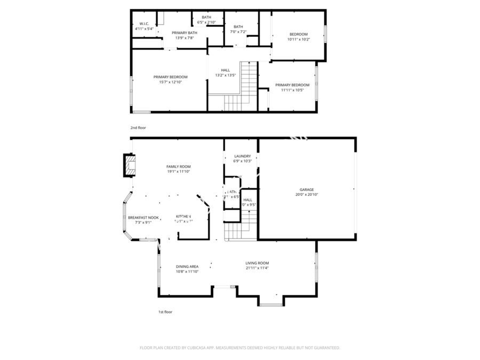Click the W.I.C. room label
click(143, 23)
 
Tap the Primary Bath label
click(184, 33)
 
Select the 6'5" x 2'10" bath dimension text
click(206, 22)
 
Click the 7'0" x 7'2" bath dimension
click(238, 32)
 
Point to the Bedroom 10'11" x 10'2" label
click(298, 34)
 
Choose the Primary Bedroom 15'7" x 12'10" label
click(170, 77)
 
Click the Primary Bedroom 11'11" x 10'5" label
click(292, 85)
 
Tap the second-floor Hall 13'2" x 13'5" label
click(225, 70)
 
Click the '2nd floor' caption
click(138, 128)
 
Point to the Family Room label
click(178, 167)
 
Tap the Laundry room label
click(242, 156)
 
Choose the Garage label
click(306, 189)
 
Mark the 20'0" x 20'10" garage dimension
click(306, 195)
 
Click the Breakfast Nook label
click(143, 218)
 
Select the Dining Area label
click(187, 267)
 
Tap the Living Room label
click(257, 263)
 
